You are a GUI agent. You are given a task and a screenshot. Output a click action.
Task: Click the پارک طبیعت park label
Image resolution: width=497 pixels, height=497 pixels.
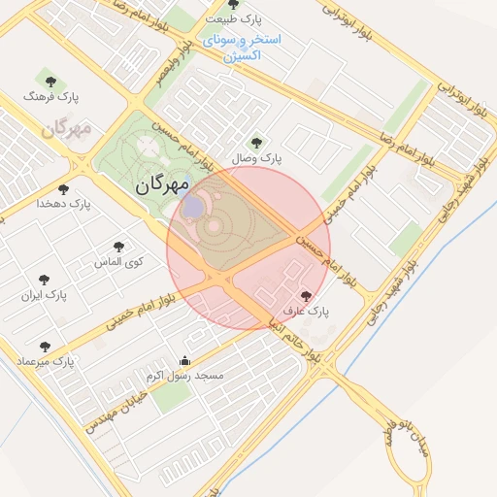(234, 19)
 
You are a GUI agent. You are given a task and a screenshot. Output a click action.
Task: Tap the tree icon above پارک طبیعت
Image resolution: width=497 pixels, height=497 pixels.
(234, 5)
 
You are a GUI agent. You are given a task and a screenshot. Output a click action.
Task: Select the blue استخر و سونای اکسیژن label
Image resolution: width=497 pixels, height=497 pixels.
(242, 48)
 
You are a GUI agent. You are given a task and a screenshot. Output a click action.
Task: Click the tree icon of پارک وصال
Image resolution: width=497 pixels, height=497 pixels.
(256, 142)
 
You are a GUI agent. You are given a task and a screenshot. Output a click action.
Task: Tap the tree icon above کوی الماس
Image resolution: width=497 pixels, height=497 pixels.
(119, 248)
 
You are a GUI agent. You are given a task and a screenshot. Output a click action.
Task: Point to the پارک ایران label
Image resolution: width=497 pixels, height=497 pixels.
(45, 294)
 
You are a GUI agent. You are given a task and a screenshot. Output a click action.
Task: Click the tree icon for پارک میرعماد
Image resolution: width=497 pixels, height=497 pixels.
(44, 346)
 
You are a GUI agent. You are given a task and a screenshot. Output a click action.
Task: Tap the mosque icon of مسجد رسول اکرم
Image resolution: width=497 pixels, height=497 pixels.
(184, 360)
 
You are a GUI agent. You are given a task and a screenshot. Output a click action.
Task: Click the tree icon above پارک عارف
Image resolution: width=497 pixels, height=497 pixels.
(307, 296)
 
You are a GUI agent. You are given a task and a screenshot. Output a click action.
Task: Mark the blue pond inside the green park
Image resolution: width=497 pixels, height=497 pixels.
(193, 207)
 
